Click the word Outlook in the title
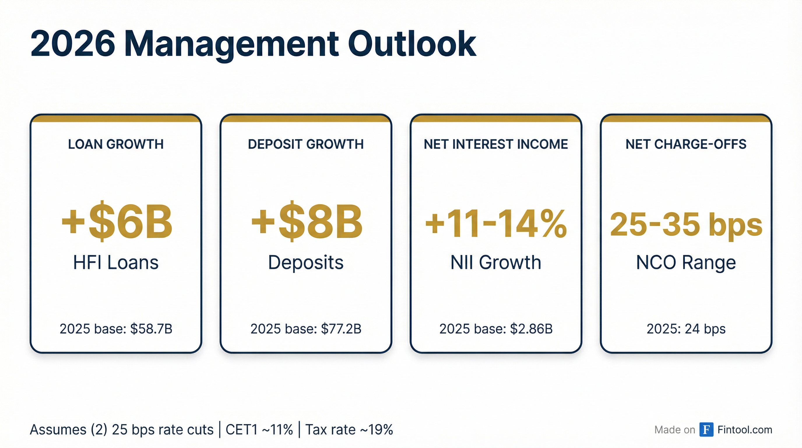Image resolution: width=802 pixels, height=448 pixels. click(x=412, y=44)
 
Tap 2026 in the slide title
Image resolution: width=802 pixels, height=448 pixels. click(x=73, y=44)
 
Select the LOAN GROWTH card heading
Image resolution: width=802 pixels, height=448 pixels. click(x=116, y=144)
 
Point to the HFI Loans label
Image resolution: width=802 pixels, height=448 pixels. click(x=116, y=262)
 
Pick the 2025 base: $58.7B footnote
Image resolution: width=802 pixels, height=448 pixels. click(x=116, y=329)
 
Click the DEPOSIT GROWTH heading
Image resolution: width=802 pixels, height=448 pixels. click(x=306, y=144)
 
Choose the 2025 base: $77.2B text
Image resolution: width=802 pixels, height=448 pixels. click(x=306, y=329)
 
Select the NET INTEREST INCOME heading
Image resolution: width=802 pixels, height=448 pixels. click(x=496, y=144)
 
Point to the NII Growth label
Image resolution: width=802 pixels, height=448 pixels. click(x=496, y=262)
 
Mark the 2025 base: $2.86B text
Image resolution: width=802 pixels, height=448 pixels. click(x=496, y=329)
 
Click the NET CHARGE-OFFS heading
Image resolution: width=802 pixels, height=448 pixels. click(x=686, y=144)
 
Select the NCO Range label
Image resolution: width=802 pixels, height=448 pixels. click(x=686, y=262)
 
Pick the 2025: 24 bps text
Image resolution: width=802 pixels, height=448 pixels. click(x=686, y=329)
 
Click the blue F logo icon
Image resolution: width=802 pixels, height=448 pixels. click(x=706, y=430)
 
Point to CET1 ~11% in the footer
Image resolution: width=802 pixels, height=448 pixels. click(x=259, y=430)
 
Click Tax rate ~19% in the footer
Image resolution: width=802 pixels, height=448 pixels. click(x=349, y=430)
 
